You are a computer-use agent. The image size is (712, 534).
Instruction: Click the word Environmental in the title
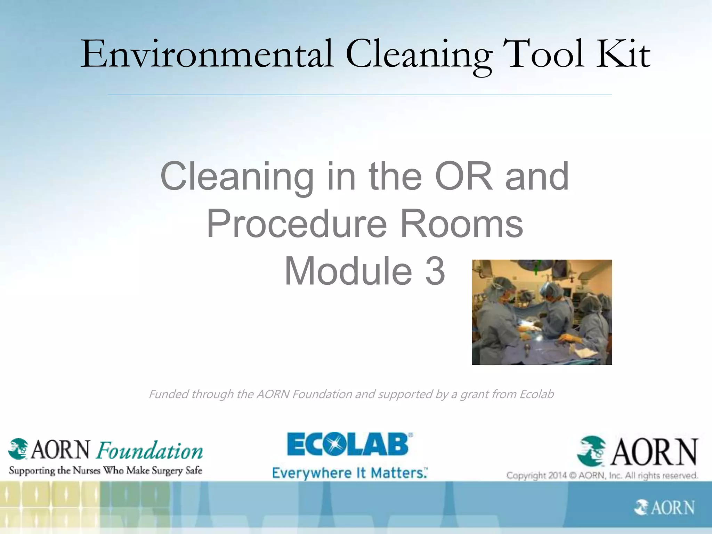pyautogui.click(x=207, y=55)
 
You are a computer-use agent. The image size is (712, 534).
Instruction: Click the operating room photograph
pyautogui.click(x=542, y=312)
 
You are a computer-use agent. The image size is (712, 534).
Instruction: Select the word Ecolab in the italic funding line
pyautogui.click(x=536, y=394)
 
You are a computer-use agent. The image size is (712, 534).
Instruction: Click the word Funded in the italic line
pyautogui.click(x=169, y=394)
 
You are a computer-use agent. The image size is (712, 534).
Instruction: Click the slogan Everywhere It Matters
pyautogui.click(x=349, y=473)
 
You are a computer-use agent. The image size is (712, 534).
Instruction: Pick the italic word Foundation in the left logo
pyautogui.click(x=150, y=451)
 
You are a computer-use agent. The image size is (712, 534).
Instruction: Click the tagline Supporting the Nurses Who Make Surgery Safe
pyautogui.click(x=105, y=470)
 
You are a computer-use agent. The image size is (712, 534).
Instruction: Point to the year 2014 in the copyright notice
pyautogui.click(x=557, y=475)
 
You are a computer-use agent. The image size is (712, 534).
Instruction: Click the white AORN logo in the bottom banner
pyautogui.click(x=664, y=508)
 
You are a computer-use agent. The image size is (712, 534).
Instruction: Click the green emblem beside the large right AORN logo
pyautogui.click(x=591, y=451)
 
